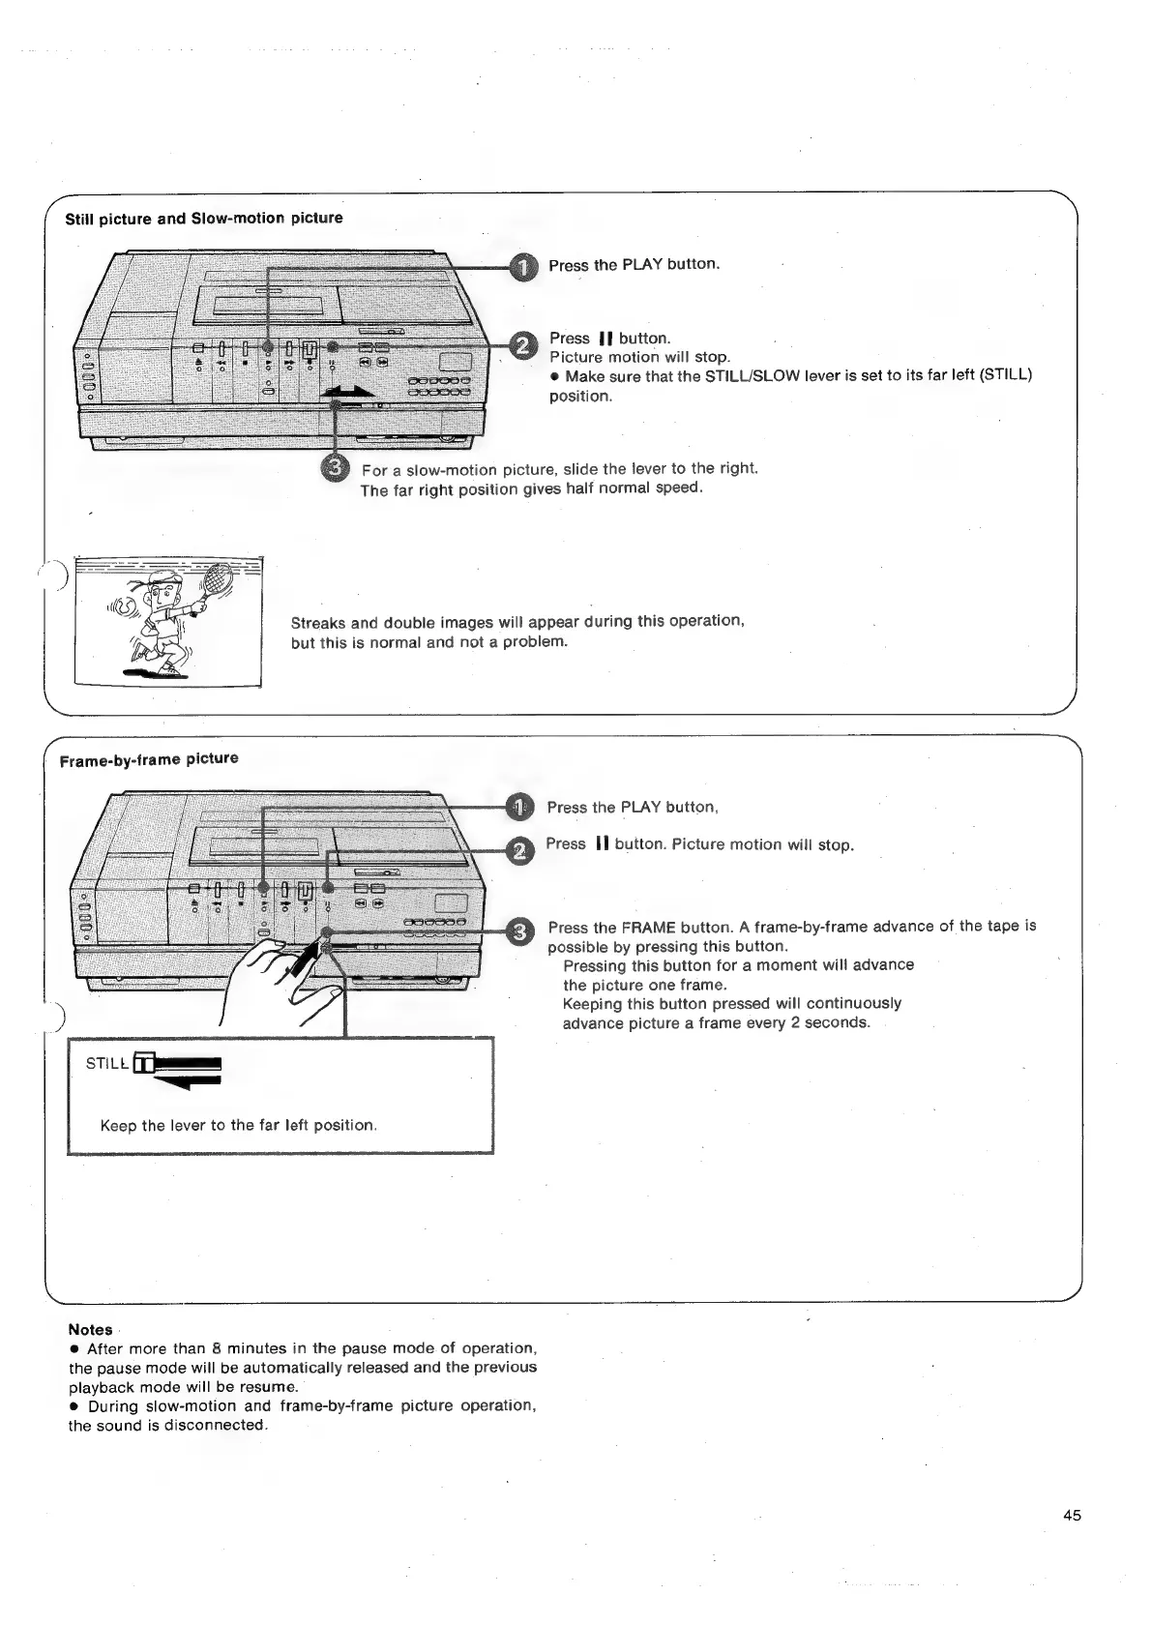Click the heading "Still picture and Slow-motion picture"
(203, 218)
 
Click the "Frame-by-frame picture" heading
(149, 759)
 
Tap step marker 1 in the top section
(522, 268)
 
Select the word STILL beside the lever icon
(106, 1064)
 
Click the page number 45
(1072, 1516)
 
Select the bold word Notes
(90, 1330)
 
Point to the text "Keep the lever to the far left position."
(238, 1125)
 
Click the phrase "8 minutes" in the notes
(246, 1348)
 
